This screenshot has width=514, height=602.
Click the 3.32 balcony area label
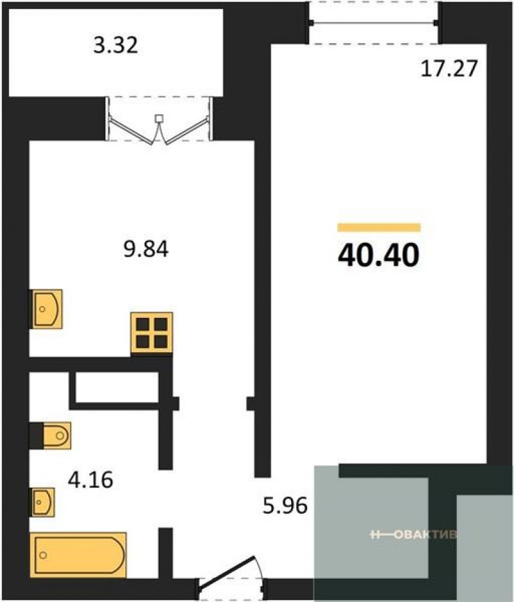[x=116, y=45]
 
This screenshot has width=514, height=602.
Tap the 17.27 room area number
[x=449, y=69]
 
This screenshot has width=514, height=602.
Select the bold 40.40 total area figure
[x=378, y=256]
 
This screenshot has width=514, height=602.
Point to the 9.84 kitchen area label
[x=146, y=249]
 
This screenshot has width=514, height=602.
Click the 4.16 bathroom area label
[x=91, y=479]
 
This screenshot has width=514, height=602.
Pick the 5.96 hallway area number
[x=285, y=506]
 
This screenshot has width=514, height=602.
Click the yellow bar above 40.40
[x=379, y=227]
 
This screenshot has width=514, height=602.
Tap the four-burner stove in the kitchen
[x=152, y=333]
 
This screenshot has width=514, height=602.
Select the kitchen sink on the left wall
[x=46, y=308]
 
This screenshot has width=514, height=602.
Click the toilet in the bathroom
[x=57, y=436]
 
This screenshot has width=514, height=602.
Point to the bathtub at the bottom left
[x=78, y=554]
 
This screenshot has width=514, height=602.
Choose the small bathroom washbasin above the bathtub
[x=42, y=502]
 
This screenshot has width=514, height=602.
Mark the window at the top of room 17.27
[x=375, y=23]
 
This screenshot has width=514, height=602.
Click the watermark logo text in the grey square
[x=414, y=535]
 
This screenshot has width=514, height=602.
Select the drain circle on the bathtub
[x=43, y=554]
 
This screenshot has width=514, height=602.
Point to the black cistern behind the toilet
[x=37, y=436]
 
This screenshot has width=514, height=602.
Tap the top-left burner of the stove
[x=143, y=324]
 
